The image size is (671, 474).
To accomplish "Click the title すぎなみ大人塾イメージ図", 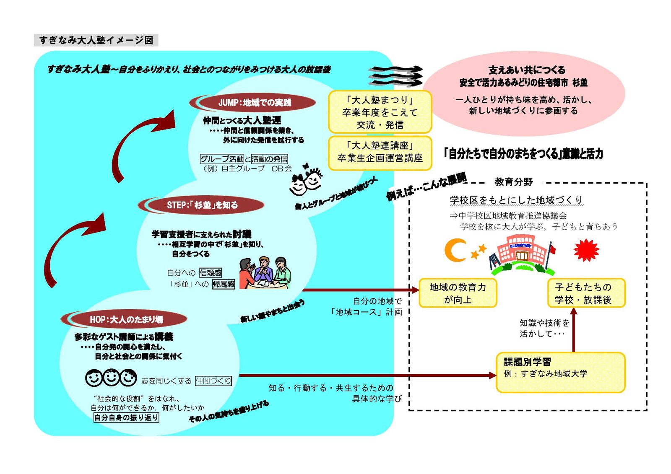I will (x=96, y=40).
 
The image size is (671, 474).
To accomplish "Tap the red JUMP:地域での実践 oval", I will (x=254, y=103).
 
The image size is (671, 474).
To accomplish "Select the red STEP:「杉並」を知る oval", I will (x=202, y=205).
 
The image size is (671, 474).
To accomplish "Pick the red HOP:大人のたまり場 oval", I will (x=126, y=319).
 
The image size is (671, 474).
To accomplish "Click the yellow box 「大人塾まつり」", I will (x=380, y=112).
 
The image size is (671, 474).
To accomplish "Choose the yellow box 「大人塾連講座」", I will (x=380, y=152).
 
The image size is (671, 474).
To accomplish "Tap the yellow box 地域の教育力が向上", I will (x=458, y=293).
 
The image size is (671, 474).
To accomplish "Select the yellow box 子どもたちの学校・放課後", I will (x=586, y=293).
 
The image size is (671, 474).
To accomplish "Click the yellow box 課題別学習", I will (x=560, y=372).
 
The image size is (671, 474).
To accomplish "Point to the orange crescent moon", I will (x=454, y=250).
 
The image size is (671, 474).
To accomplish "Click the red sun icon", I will (x=586, y=250).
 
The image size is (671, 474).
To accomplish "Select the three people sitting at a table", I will (x=265, y=272).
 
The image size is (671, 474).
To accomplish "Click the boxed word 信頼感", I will (x=211, y=273).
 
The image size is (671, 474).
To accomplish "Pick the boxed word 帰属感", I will (x=224, y=284).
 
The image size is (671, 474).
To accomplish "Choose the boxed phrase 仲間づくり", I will (x=213, y=381).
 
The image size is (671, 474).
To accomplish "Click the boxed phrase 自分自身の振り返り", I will (x=126, y=417).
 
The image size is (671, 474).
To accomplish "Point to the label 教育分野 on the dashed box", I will (x=513, y=182).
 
